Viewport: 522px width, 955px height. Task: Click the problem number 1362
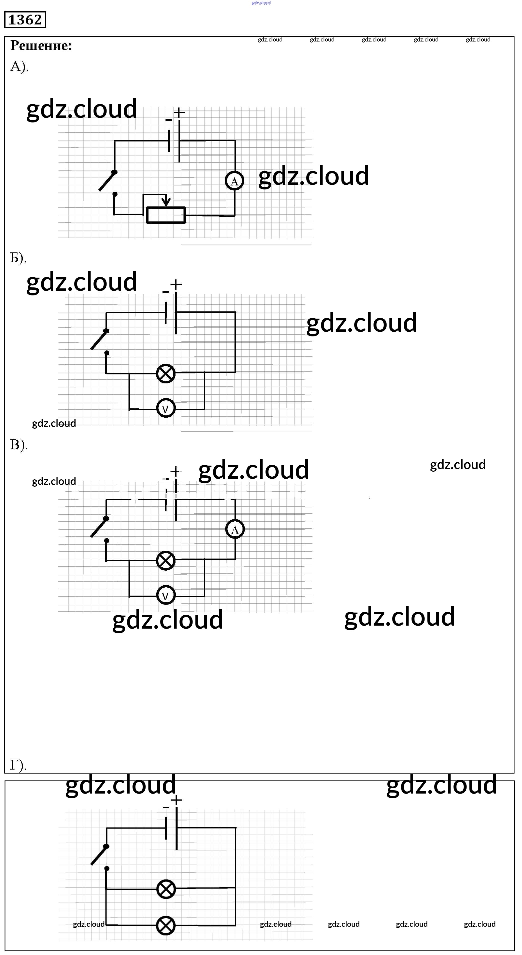click(x=25, y=20)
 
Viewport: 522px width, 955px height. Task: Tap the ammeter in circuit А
click(x=234, y=181)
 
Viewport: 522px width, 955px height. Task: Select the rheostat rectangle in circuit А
click(x=166, y=215)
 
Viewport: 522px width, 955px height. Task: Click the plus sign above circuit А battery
click(x=179, y=112)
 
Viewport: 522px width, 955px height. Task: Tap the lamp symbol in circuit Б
click(x=166, y=373)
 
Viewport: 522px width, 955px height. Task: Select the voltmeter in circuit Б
click(x=166, y=409)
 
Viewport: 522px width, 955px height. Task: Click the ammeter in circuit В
click(x=235, y=529)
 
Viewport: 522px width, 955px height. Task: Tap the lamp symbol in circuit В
click(x=166, y=561)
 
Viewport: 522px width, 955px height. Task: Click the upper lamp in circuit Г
click(x=166, y=889)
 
